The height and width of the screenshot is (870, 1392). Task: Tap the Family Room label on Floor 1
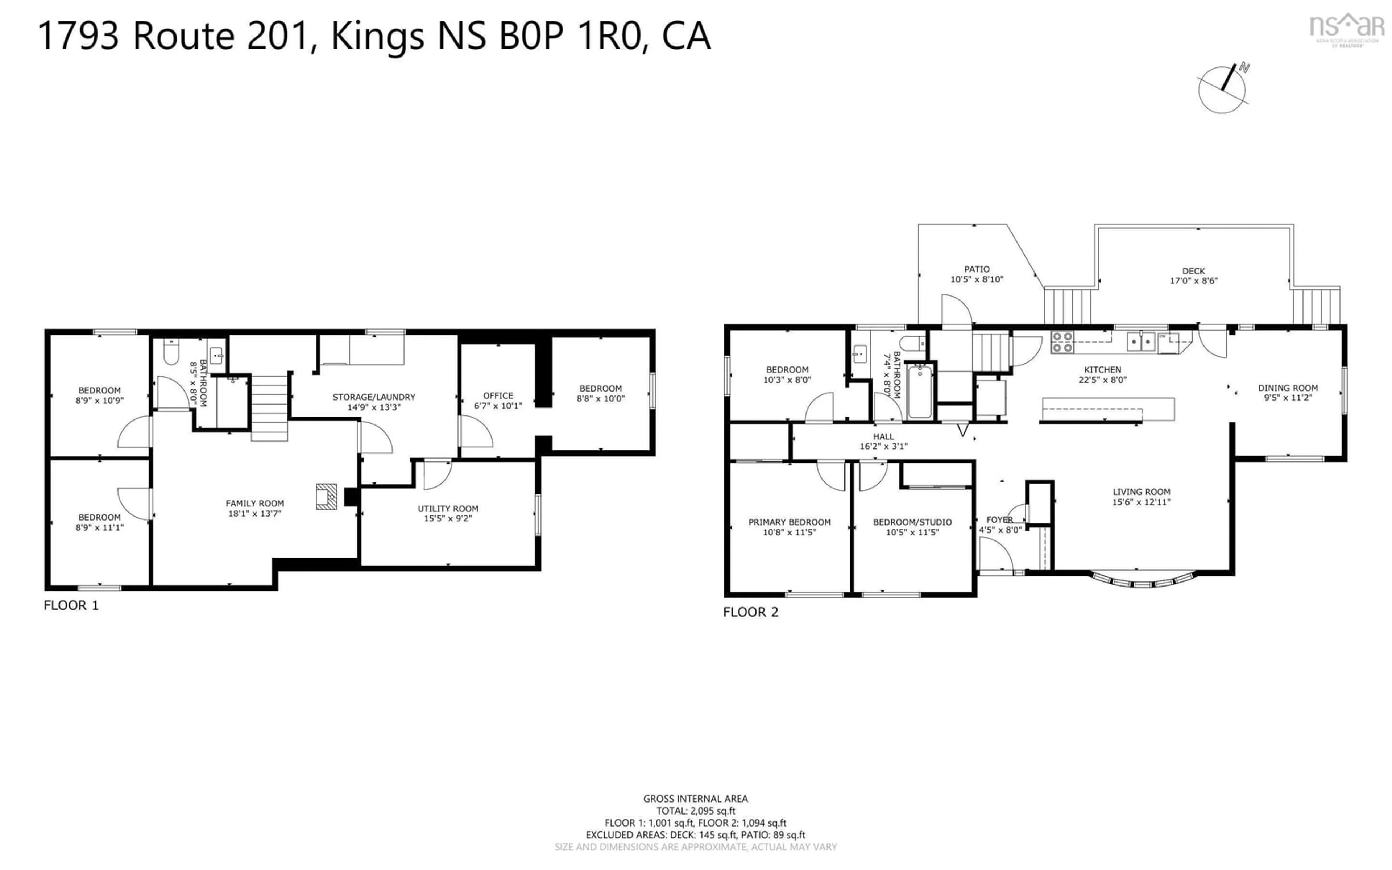click(x=255, y=504)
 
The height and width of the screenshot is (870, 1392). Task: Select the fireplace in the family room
click(x=326, y=496)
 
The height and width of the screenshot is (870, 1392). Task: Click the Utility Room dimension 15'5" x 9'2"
click(x=448, y=518)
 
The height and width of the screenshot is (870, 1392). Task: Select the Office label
click(x=498, y=396)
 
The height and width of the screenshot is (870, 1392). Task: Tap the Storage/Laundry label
click(x=374, y=397)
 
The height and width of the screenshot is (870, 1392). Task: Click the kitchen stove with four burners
click(x=1062, y=342)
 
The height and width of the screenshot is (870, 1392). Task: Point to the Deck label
click(x=1194, y=271)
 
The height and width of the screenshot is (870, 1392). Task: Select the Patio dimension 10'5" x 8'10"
click(x=977, y=279)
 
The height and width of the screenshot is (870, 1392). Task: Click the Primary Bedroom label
click(x=789, y=522)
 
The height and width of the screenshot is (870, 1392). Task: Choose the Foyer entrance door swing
click(x=995, y=555)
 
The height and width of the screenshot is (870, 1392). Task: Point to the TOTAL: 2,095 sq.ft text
click(x=695, y=811)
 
